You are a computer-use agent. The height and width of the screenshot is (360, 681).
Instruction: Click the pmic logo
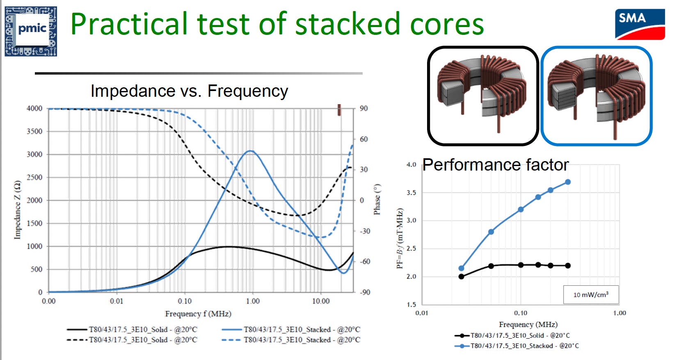31,31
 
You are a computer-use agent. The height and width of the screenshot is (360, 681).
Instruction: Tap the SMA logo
640,24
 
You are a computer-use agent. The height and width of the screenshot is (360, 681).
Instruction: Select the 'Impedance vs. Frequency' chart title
189,91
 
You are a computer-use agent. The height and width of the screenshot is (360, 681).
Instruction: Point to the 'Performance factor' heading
496,165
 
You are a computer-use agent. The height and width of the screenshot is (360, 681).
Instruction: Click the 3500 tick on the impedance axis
34,131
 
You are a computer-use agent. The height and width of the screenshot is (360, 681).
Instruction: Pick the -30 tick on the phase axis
365,231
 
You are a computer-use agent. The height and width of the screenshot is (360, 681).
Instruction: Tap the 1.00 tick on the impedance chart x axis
253,301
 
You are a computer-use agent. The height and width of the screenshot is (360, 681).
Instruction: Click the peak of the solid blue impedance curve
250,151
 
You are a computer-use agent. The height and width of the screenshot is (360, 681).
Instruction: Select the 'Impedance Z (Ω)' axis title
17,210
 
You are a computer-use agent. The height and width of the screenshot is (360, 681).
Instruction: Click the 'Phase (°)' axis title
377,199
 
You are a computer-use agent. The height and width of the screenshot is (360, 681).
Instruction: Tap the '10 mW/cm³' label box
591,294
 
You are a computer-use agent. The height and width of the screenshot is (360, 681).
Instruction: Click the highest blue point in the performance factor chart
568,182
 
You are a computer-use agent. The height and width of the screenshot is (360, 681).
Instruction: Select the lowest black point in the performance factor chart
461,276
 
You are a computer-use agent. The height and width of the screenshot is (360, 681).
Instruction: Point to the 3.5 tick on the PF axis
411,193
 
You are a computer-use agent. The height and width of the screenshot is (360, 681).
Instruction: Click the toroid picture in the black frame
483,96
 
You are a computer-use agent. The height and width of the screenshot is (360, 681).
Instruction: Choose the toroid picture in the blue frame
596,96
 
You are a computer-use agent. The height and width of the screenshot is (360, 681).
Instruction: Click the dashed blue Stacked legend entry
291,339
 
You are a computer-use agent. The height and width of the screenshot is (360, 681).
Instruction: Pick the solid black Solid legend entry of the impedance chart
132,329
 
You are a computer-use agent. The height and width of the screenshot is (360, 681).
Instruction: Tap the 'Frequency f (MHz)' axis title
198,314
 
